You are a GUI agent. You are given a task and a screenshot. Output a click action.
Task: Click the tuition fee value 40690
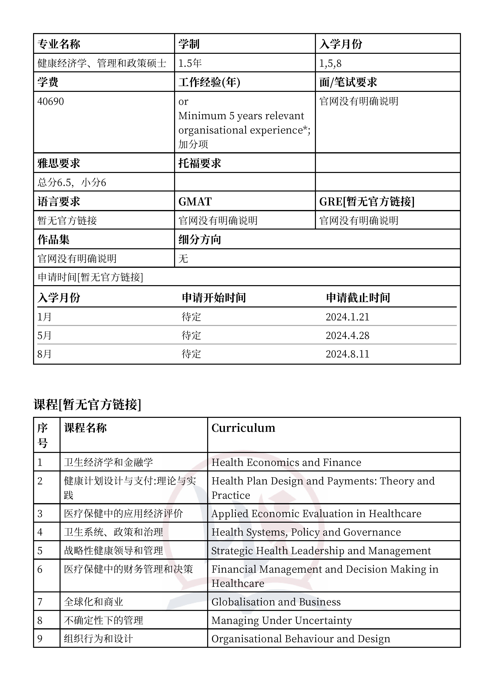click(51, 101)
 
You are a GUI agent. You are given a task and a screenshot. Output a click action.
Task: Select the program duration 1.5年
click(190, 63)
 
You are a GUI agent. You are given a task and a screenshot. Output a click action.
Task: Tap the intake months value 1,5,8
click(330, 63)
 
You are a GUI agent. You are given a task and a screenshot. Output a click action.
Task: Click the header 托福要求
click(200, 163)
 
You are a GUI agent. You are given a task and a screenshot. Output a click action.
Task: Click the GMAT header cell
click(195, 201)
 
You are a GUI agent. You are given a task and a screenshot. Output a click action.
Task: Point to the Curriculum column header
click(243, 428)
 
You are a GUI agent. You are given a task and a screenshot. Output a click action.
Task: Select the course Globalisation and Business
click(276, 602)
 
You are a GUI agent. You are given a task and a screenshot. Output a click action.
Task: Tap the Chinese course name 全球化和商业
click(93, 602)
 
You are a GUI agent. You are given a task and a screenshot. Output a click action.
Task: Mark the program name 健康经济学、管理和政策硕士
click(102, 63)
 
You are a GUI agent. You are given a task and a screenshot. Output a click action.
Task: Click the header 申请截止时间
click(358, 298)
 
